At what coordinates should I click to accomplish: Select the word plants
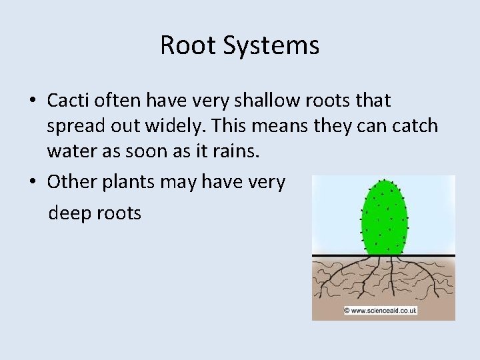(126, 183)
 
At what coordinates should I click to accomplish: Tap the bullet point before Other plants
(32, 182)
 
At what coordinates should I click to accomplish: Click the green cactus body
(383, 217)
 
